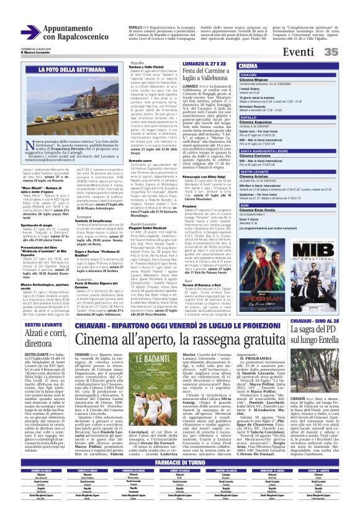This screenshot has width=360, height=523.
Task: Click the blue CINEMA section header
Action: tap(248, 65)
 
